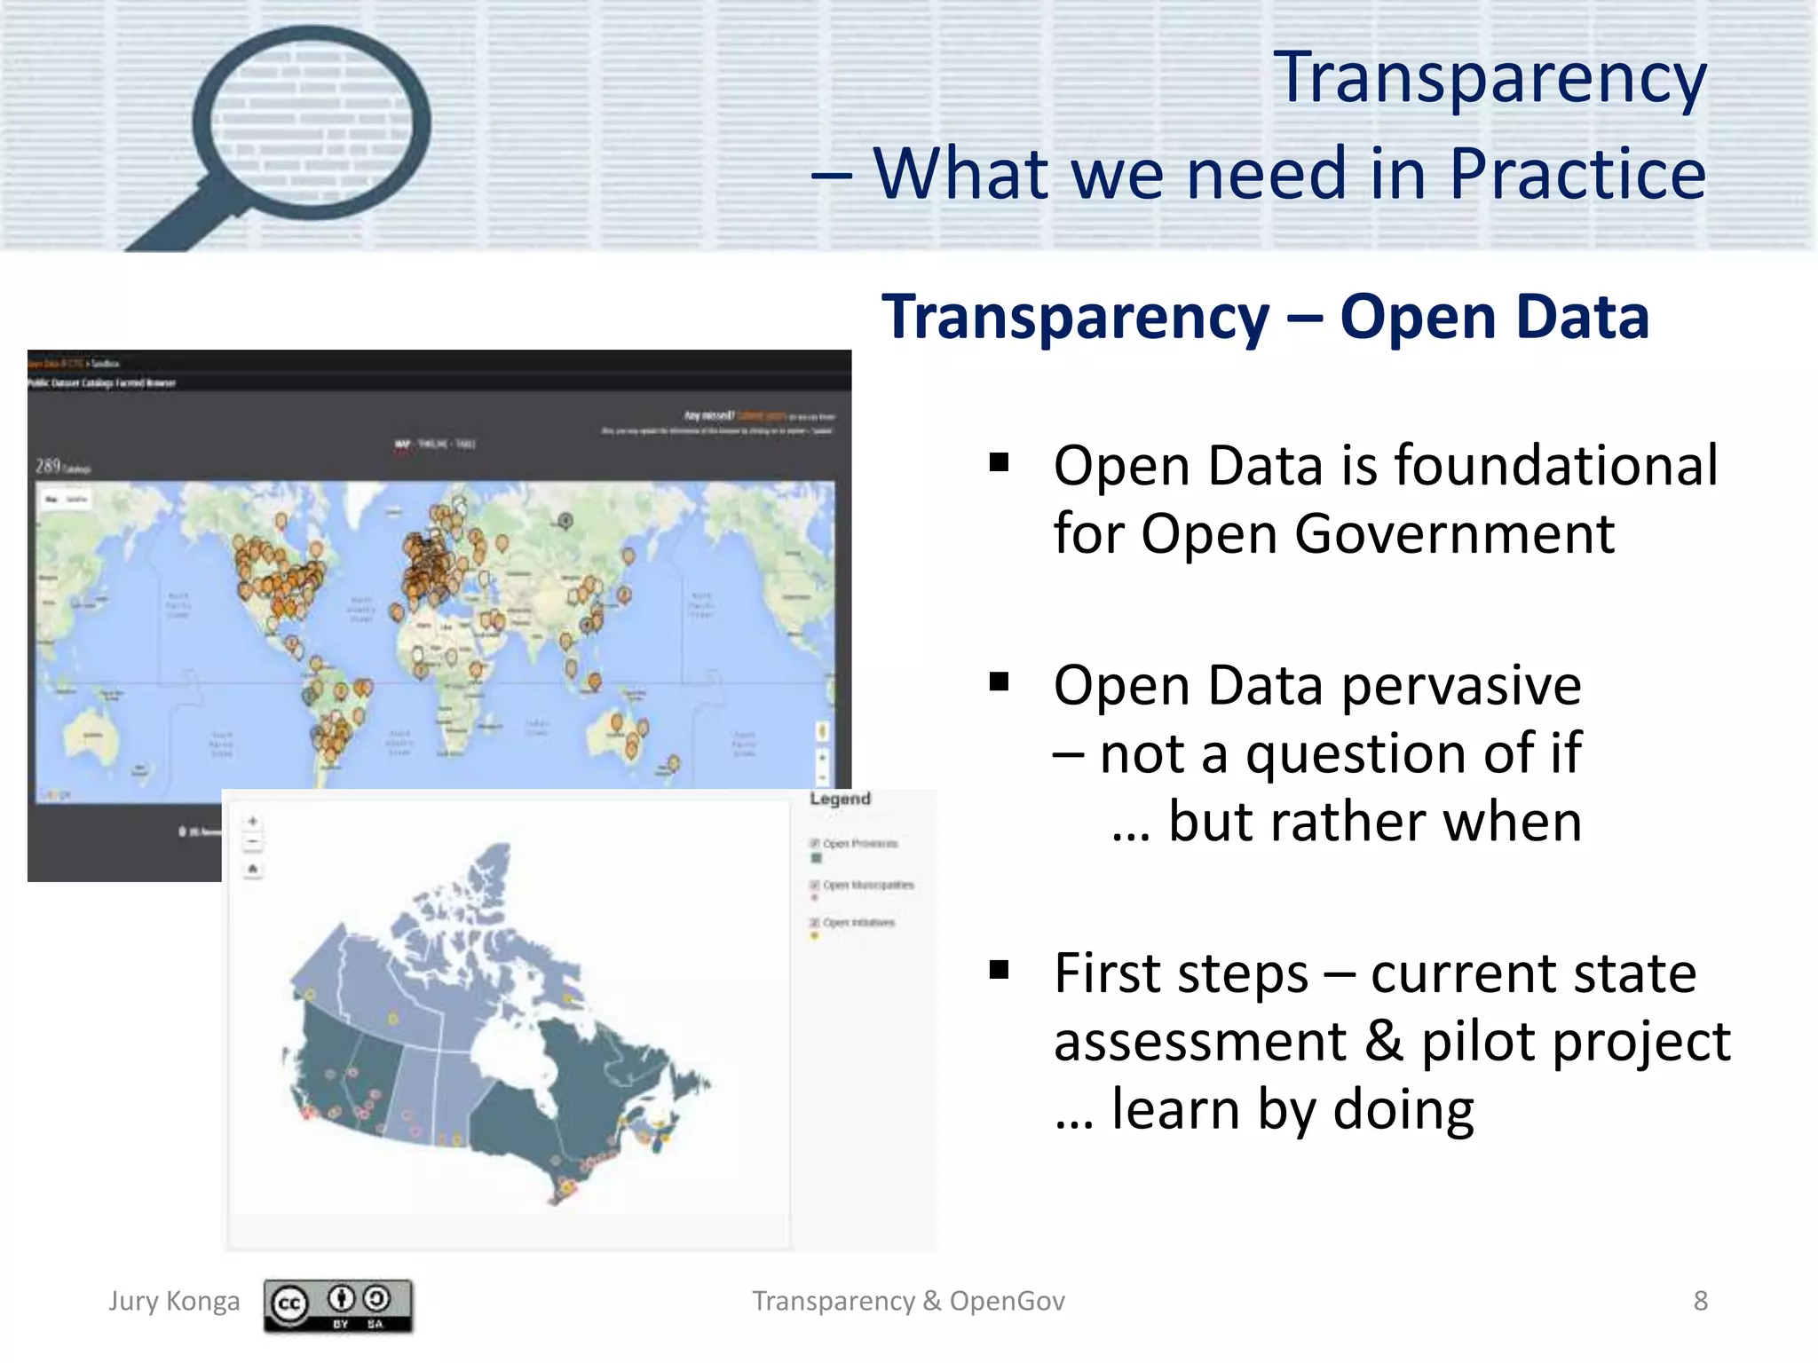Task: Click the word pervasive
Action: [x=1461, y=686]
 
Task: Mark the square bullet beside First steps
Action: [x=1000, y=970]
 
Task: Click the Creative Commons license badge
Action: [x=337, y=1304]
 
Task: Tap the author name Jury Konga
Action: [x=174, y=1301]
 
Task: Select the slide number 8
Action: [x=1700, y=1301]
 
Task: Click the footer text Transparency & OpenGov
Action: [x=908, y=1301]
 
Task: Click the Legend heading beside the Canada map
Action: [x=840, y=799]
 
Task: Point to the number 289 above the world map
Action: [x=48, y=466]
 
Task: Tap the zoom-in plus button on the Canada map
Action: [x=253, y=822]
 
